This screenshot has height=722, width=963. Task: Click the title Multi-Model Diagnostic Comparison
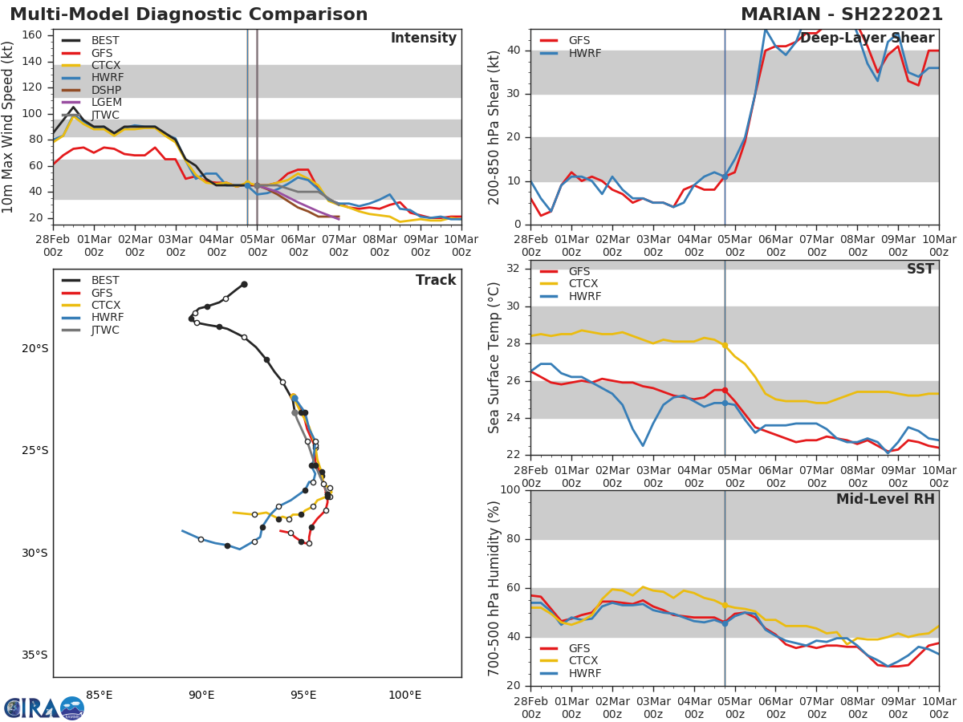tap(189, 14)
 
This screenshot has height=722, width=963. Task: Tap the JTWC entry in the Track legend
tap(105, 331)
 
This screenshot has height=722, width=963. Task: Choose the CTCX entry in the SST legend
tap(583, 284)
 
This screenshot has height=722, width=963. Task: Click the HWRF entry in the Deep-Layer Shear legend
tap(584, 54)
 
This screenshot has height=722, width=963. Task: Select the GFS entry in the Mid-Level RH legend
tap(579, 648)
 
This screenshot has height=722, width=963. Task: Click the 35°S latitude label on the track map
tap(35, 655)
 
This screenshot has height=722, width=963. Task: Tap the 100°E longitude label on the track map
tap(404, 695)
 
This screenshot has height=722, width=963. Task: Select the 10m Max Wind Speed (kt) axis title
tap(10, 127)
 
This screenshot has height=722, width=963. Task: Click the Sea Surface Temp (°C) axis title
tap(494, 357)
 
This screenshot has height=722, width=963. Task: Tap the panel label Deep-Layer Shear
tap(867, 39)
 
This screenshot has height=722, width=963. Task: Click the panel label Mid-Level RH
tap(885, 500)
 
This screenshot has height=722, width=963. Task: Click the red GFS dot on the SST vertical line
tap(725, 391)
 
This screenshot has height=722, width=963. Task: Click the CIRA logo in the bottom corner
tap(43, 708)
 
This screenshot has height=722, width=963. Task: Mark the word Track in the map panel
tap(436, 281)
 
